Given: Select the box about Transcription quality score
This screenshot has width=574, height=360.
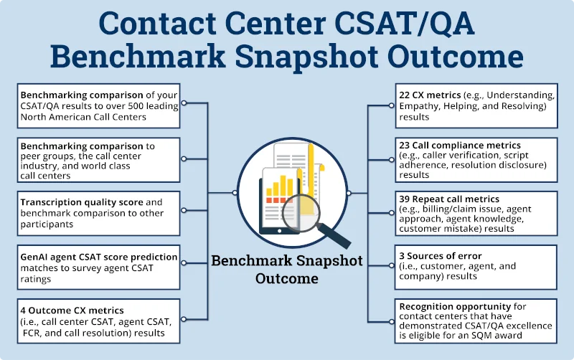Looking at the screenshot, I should [98, 213].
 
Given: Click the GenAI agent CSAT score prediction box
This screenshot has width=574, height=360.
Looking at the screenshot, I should [98, 267].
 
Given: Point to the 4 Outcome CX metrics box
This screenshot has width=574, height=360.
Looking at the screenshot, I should [98, 321].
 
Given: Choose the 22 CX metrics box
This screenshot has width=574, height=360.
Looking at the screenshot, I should [476, 105].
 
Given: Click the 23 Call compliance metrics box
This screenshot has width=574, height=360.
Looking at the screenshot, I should [476, 159].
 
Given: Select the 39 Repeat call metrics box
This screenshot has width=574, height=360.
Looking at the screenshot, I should [476, 213].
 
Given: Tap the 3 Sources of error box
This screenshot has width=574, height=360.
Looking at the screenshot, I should [476, 266].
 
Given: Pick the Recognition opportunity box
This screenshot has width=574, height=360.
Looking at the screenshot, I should [476, 320].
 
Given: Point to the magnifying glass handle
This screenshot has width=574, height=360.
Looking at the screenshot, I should [337, 235].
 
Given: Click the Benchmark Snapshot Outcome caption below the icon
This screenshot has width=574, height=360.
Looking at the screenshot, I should [287, 269].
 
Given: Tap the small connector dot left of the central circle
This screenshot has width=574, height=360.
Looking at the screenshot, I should [235, 193].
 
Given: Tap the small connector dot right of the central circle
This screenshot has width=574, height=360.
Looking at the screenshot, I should [349, 193].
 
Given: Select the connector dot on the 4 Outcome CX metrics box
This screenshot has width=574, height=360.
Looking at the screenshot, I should [184, 321].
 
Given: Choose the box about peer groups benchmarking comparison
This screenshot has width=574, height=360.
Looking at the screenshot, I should [98, 159].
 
